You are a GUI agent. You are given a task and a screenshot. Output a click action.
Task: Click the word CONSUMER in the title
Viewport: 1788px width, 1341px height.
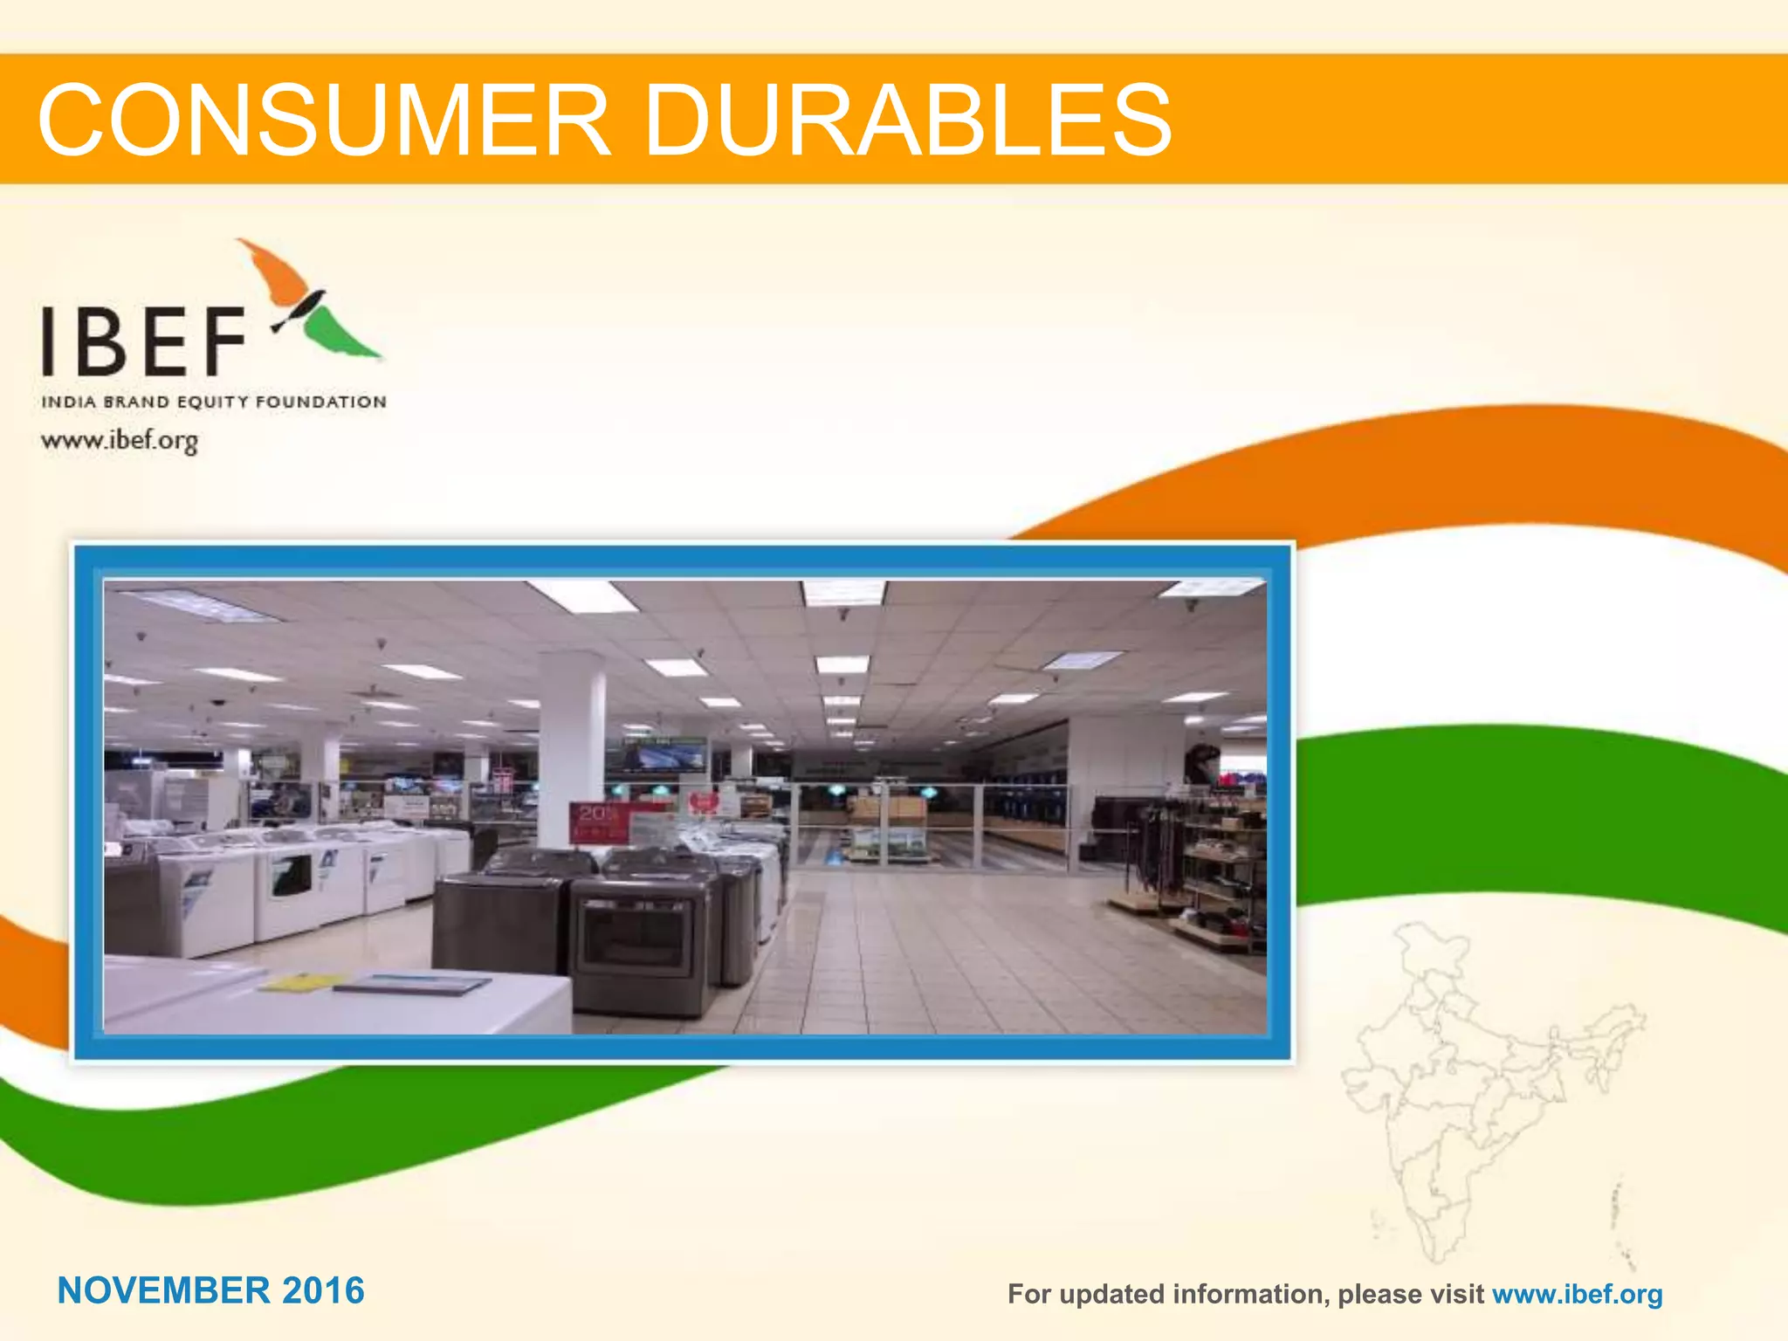pos(323,120)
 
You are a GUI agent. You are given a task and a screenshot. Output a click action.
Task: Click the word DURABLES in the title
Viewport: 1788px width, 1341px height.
pos(908,120)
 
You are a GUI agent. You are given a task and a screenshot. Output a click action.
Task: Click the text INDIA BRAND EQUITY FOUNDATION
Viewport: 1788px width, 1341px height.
pos(214,402)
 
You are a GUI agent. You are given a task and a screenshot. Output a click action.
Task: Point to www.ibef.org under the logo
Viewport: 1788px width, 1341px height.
pos(120,440)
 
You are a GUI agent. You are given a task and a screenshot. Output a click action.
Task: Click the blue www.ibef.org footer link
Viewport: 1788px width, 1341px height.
pos(1577,1294)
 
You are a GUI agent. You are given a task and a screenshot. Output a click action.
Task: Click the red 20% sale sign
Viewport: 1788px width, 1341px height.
pos(597,822)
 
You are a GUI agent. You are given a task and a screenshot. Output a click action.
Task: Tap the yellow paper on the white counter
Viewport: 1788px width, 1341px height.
pos(297,983)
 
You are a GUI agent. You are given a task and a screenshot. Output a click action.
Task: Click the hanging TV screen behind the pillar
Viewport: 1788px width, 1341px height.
pos(664,756)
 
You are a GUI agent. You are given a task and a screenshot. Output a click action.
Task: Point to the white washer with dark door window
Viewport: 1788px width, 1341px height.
pos(288,891)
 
